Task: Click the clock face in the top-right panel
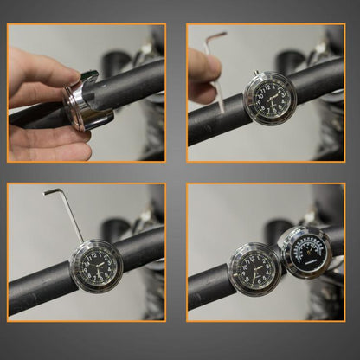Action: [270, 97]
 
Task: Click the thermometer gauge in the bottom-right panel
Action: [305, 252]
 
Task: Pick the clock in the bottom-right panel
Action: [254, 269]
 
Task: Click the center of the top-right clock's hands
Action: [270, 98]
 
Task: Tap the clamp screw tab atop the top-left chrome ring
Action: [89, 76]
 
